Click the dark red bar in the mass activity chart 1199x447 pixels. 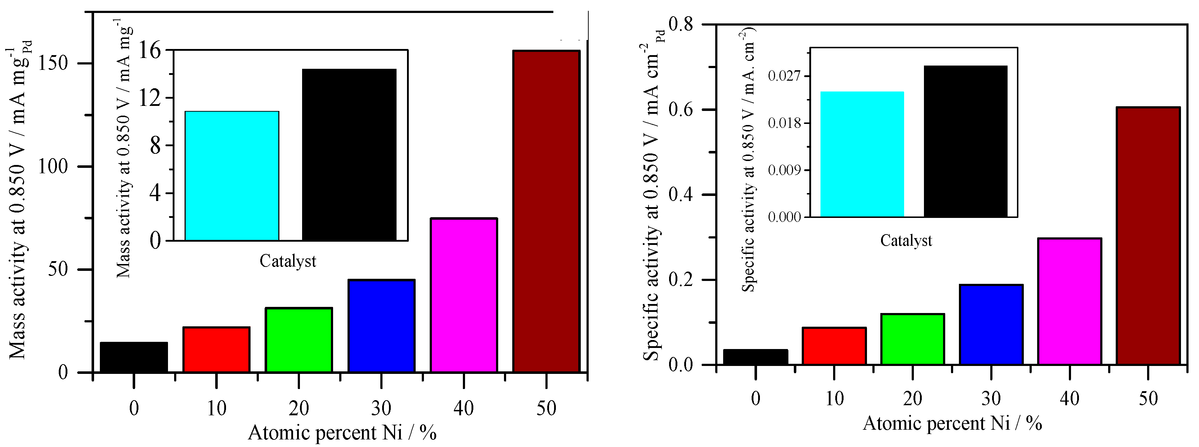547,212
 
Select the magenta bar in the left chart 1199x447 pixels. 464,295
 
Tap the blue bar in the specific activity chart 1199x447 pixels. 991,325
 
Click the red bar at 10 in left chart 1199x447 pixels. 216,350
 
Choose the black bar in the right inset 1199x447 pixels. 965,142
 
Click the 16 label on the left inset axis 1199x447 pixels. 150,50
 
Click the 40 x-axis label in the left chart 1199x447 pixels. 464,408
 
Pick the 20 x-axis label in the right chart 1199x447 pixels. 913,399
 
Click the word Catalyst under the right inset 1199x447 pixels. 906,241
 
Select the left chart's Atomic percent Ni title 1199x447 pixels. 342,433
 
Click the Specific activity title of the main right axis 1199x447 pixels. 652,205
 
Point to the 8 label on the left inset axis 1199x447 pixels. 155,146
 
